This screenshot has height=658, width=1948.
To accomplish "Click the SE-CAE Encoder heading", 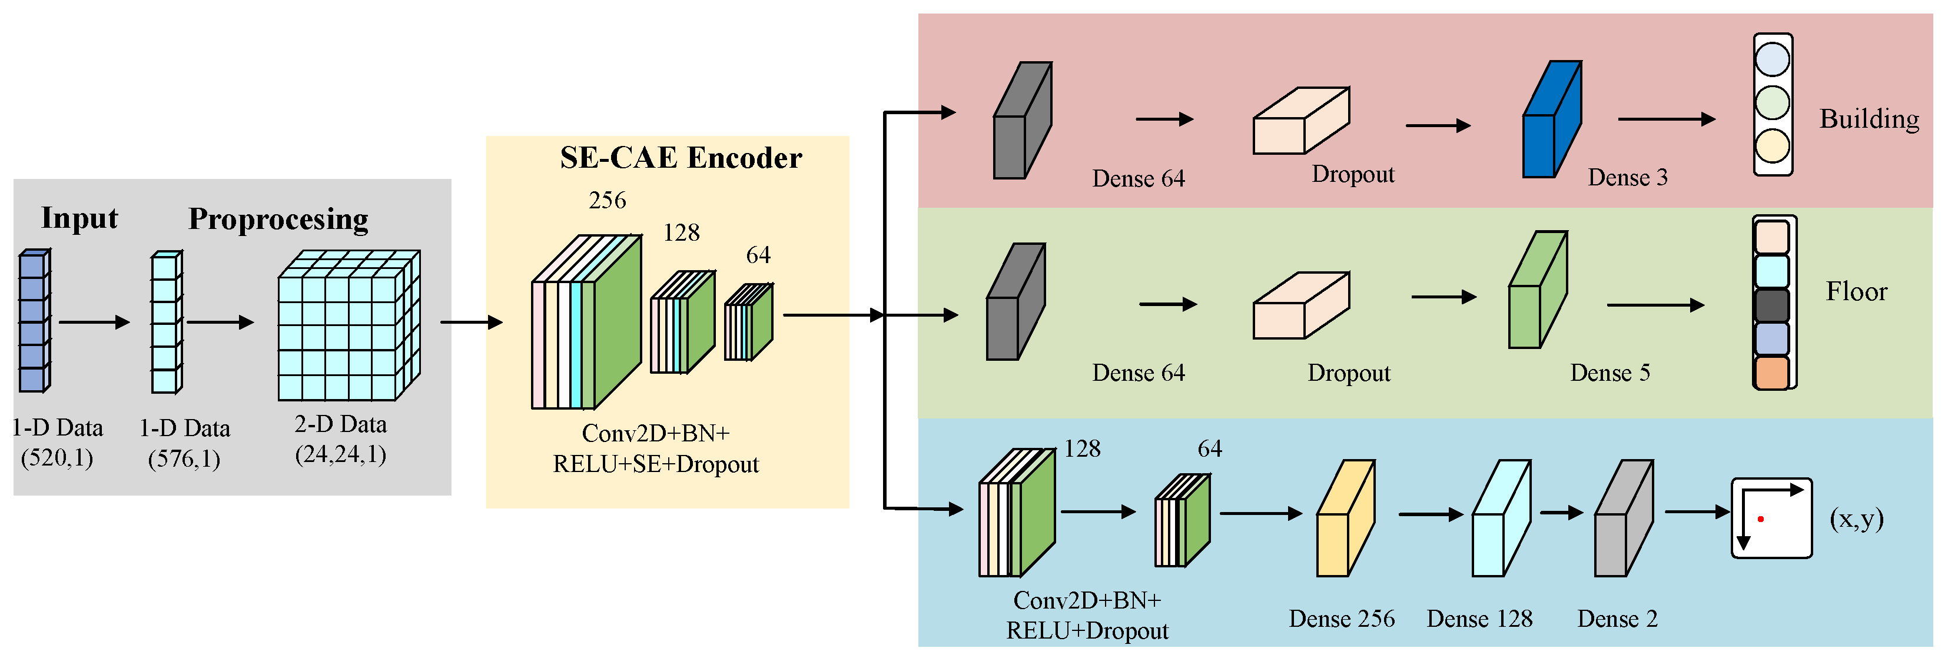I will point(681,158).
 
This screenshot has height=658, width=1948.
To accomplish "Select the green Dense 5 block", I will point(1537,291).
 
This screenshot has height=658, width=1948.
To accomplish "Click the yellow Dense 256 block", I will point(1345,520).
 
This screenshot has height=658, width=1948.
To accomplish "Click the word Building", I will point(1869,119).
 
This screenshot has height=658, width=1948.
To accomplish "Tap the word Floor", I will point(1857,292).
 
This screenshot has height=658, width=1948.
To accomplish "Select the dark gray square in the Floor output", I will point(1771,305).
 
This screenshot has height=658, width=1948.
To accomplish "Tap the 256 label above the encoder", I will point(607,201).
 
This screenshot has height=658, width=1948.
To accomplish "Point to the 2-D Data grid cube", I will point(348,326).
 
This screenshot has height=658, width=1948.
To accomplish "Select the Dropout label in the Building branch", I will point(1352,175).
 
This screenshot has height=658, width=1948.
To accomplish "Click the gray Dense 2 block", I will point(1623,520).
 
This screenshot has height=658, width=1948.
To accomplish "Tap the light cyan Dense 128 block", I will point(1501,520).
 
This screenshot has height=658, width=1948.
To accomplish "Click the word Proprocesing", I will point(278,220).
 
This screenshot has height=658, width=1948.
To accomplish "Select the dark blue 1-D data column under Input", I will point(34,321).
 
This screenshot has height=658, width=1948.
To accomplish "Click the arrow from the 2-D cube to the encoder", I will point(470,322).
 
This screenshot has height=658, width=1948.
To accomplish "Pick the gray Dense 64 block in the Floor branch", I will point(1016,303).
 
